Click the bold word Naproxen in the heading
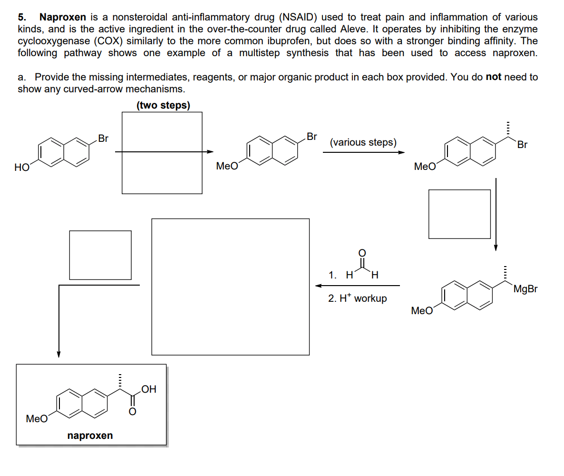[63, 17]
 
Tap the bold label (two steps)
[163, 105]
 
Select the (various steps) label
[363, 142]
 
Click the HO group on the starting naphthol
[21, 168]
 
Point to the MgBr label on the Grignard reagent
[525, 289]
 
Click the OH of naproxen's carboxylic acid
[148, 389]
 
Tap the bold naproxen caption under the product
[90, 436]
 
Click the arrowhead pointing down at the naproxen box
[58, 355]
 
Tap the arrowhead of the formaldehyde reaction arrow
[318, 286]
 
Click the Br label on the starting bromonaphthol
[103, 139]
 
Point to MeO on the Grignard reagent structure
[422, 311]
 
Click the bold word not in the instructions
[494, 77]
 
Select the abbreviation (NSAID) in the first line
[298, 17]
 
